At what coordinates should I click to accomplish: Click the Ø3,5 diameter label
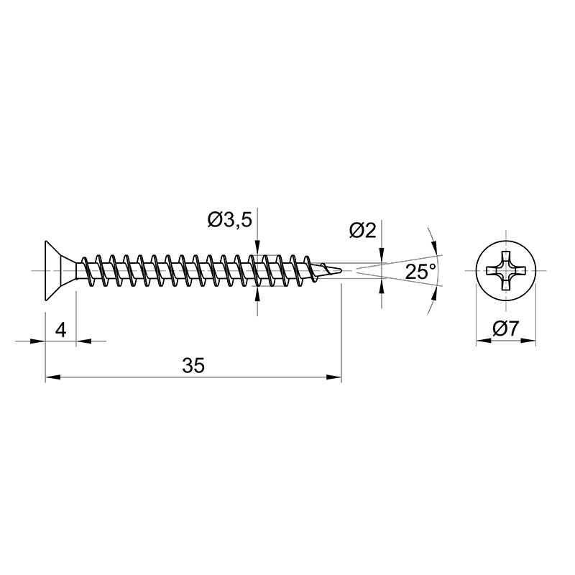point(230,220)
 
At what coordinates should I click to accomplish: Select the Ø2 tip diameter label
point(363,231)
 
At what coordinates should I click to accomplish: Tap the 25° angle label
point(420,272)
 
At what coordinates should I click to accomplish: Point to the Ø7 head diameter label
point(506,328)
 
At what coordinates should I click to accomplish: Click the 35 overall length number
point(193,365)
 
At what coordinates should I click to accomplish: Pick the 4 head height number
point(60,330)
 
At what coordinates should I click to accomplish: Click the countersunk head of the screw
point(60,271)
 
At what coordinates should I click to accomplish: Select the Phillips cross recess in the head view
point(506,271)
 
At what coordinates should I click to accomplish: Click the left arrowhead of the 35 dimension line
point(52,377)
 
